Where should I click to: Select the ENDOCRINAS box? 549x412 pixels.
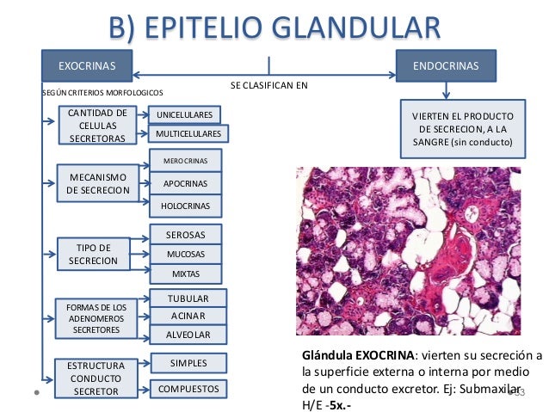[x=446, y=65]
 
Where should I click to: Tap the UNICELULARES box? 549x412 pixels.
[x=184, y=115]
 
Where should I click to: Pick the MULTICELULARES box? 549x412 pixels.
[x=187, y=134]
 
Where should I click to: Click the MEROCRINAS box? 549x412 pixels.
[x=186, y=161]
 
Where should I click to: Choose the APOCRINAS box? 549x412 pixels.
[x=186, y=183]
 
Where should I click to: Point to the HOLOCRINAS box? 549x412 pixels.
[x=186, y=206]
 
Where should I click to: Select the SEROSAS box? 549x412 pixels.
[x=186, y=234]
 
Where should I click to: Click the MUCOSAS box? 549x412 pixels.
[x=186, y=255]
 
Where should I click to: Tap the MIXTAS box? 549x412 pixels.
[x=186, y=274]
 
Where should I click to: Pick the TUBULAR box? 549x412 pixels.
[x=187, y=298]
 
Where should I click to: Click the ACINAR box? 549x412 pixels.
[x=187, y=316]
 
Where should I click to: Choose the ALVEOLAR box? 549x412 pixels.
[x=187, y=334]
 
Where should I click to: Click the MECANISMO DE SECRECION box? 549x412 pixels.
[x=97, y=183]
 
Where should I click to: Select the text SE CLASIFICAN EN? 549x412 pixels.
[x=268, y=87]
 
